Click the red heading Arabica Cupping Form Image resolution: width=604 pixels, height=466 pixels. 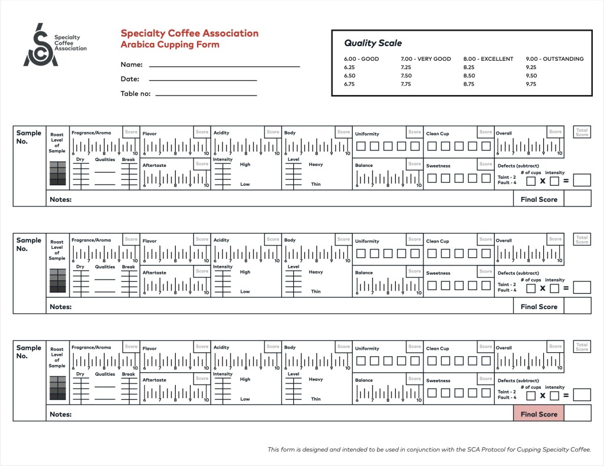coord(170,45)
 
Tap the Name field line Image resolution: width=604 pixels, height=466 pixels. coord(224,65)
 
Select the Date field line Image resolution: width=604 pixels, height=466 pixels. coord(203,80)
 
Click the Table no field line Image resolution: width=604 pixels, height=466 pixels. coord(206,94)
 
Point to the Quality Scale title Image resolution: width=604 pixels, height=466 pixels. coord(373,43)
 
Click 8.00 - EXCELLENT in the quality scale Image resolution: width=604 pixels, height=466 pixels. coord(488,59)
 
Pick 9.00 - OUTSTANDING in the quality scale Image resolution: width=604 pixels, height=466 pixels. coord(554,59)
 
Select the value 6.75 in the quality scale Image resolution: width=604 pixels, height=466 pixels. coord(350,84)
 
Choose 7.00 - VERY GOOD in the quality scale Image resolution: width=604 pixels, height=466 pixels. coord(425,59)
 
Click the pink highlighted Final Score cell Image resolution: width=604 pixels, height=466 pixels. coord(539,414)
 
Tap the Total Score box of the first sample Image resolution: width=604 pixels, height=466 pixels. coord(582,132)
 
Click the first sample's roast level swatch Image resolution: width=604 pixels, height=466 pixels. coord(57,173)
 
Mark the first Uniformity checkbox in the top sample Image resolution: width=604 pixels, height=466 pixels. coord(360,146)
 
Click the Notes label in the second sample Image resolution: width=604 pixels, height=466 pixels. coord(61,307)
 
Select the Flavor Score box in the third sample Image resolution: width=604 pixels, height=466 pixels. coord(202,347)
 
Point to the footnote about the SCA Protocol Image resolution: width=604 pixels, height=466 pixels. coord(429,449)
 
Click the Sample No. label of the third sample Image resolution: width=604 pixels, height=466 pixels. coord(29,352)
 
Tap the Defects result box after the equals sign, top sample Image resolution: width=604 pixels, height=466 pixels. coord(582,181)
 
